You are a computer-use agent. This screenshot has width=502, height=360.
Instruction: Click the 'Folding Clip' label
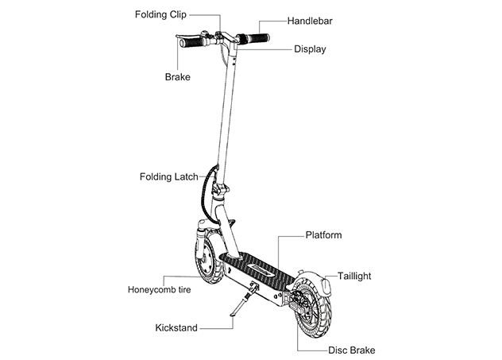tap(160, 15)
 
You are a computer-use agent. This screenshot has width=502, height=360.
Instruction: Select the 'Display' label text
tap(310, 49)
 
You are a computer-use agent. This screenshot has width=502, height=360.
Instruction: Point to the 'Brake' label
tap(177, 77)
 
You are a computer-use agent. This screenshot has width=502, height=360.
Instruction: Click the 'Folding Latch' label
tap(168, 176)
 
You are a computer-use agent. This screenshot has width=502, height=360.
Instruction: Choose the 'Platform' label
tap(324, 235)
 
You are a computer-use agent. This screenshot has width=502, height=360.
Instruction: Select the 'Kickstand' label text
tap(176, 327)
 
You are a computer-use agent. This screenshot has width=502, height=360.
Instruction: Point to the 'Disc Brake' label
tap(351, 350)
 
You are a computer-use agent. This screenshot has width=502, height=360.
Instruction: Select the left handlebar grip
tap(191, 43)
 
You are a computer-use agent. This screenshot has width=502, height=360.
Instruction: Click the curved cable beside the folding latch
tap(207, 191)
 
